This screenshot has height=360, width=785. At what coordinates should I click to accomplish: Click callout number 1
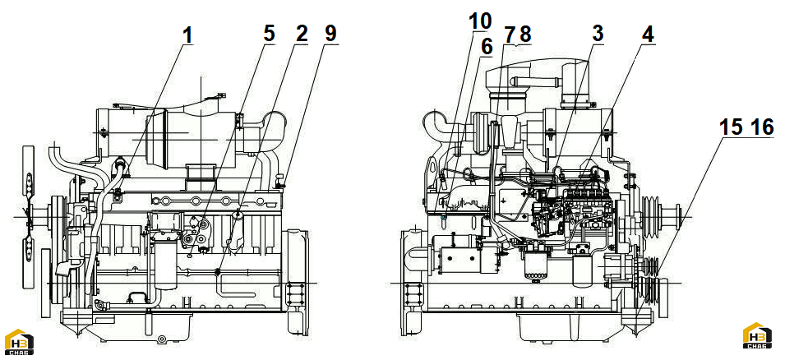point(187,35)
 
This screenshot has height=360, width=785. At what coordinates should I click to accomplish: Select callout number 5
point(270,34)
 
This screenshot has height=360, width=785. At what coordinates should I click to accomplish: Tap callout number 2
point(302,34)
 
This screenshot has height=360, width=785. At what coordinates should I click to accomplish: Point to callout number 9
point(330,34)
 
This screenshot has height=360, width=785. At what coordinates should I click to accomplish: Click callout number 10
point(479,21)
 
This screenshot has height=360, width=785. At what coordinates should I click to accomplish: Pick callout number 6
point(487,47)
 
